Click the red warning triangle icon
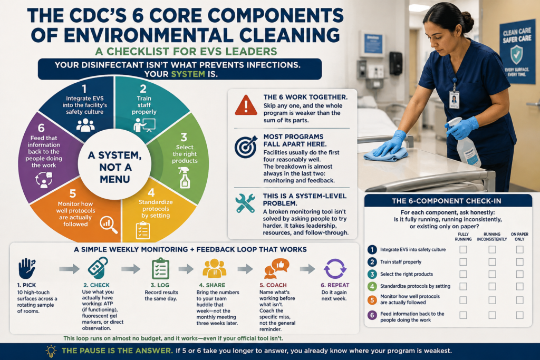pyautogui.click(x=246, y=105)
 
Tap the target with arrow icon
pyautogui.click(x=246, y=147)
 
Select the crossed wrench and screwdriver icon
pyautogui.click(x=245, y=203)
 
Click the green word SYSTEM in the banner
pyautogui.click(x=188, y=74)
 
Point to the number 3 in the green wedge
pyautogui.click(x=184, y=138)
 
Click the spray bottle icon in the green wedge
pyautogui.click(x=184, y=177)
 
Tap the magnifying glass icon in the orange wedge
pyautogui.click(x=109, y=225)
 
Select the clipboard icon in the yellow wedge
pyautogui.click(x=142, y=230)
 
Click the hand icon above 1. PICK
pyautogui.click(x=27, y=268)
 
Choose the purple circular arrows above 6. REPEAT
pyautogui.click(x=335, y=268)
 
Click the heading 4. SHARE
pyautogui.click(x=212, y=285)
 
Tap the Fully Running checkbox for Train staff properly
pyautogui.click(x=463, y=262)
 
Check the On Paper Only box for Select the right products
pyautogui.click(x=519, y=274)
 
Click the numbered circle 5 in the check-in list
pyautogui.click(x=372, y=300)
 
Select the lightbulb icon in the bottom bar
pyautogui.click(x=51, y=351)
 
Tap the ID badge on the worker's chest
pyautogui.click(x=454, y=100)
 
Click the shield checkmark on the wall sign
pyautogui.click(x=516, y=55)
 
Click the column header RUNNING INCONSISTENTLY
pyautogui.click(x=492, y=237)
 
